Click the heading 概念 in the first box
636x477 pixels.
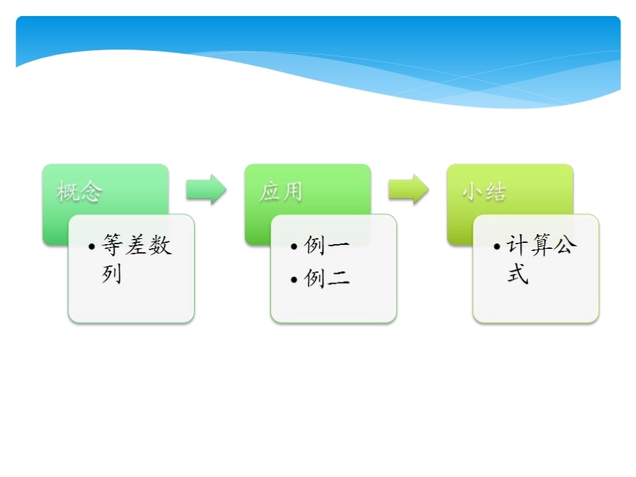pos(80,193)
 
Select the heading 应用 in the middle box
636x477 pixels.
pos(281,193)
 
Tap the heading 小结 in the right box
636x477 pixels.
pos(483,193)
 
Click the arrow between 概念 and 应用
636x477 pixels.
pos(206,189)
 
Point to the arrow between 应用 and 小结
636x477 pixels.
pos(408,189)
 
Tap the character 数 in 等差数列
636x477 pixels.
pos(161,246)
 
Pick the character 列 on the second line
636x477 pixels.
pos(112,274)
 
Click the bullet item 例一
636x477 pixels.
pos(327,246)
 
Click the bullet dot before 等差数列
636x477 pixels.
pos(92,247)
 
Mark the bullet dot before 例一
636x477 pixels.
pos(295,247)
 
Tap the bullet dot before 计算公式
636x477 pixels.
pos(497,247)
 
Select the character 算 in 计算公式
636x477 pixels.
pos(541,246)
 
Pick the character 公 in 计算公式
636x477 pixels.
pos(565,246)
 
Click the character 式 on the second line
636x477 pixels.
pos(517,274)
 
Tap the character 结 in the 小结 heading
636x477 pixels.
pos(495,193)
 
